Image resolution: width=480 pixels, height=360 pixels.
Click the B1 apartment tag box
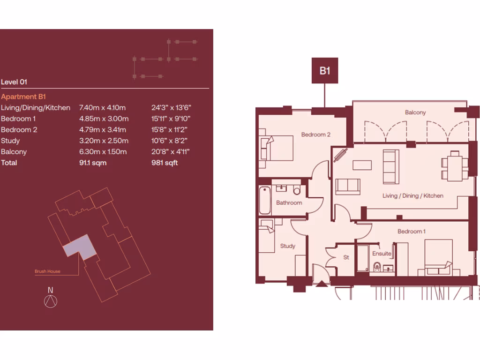tap(325, 71)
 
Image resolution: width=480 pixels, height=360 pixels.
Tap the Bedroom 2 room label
tap(316, 135)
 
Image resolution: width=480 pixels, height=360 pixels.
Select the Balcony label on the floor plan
tap(415, 112)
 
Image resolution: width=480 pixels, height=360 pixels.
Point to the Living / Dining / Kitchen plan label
tap(412, 196)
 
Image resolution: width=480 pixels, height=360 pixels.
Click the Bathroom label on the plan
tap(289, 203)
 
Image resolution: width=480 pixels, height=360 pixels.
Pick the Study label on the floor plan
tap(287, 246)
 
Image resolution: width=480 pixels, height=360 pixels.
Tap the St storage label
tap(346, 257)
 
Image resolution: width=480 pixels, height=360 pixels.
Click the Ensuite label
tap(382, 254)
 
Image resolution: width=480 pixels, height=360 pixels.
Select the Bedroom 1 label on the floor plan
tap(412, 232)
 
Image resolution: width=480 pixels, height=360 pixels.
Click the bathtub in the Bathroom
tap(265, 201)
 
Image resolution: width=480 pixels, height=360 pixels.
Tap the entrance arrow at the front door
tap(322, 283)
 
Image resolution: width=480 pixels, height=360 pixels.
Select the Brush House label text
tap(47, 271)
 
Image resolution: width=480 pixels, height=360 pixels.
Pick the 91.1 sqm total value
tap(93, 163)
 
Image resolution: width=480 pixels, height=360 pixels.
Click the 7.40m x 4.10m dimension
tap(102, 108)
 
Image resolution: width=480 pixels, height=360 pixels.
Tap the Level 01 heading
tap(14, 82)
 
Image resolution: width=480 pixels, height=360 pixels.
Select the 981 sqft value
tap(165, 163)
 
